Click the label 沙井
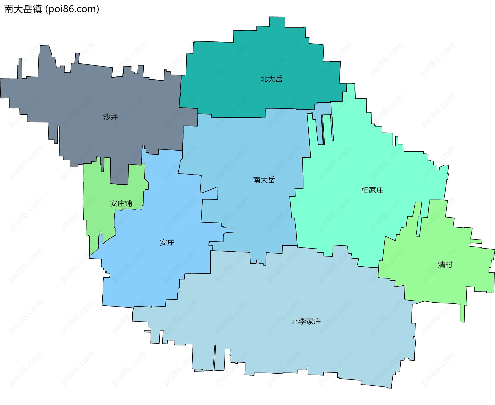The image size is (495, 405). [x=111, y=117]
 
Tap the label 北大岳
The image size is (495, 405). [x=271, y=79]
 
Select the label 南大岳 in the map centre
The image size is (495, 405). [x=264, y=180]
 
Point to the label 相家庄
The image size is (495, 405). [x=372, y=190]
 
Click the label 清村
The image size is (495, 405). [x=445, y=265]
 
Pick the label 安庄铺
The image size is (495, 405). [x=121, y=203]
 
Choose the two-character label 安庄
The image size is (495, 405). [x=167, y=243]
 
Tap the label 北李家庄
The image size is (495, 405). [x=306, y=321]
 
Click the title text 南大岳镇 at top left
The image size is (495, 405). [x=23, y=9]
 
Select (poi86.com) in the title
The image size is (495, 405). [x=72, y=9]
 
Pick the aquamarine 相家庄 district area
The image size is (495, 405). [x=348, y=219]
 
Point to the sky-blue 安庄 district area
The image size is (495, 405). [x=155, y=271]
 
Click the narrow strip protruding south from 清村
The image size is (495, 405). [x=462, y=313]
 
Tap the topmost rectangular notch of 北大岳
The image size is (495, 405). [x=277, y=22]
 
